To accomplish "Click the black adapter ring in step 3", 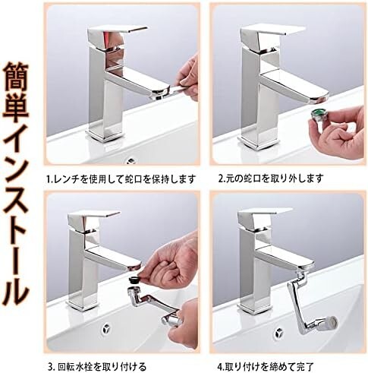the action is [135, 280].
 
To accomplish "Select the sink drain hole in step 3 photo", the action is [106, 329].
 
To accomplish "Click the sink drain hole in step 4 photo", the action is [278, 333].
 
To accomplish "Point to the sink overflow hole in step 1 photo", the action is [131, 160].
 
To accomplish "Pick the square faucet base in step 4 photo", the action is [256, 307].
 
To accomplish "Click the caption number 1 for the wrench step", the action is [48, 179].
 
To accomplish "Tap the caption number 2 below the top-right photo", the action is [221, 179].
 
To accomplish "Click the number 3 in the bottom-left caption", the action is [50, 366].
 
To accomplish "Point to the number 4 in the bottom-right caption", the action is [220, 366].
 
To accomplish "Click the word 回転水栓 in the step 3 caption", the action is [77, 366].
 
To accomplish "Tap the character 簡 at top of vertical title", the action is [16, 77].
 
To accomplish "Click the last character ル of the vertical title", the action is [16, 288].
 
